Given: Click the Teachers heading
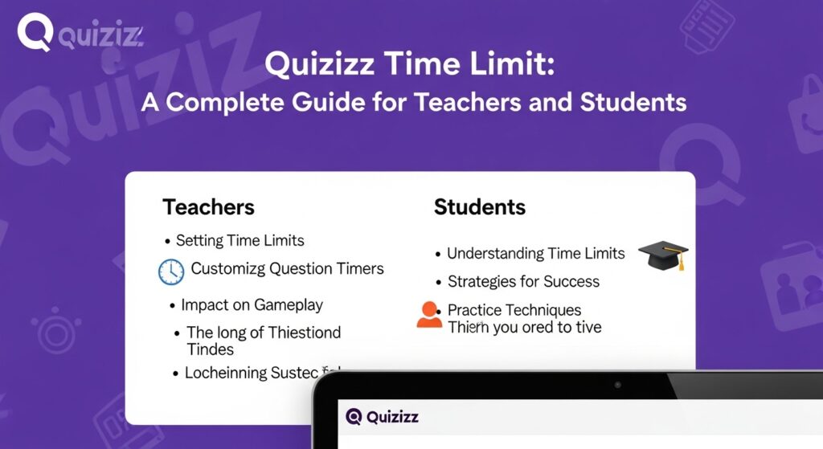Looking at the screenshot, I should [x=208, y=207].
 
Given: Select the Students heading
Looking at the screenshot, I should [x=479, y=207].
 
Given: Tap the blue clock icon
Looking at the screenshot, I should [x=171, y=271].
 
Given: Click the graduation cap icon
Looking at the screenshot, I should [x=663, y=256].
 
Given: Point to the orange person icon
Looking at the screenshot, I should [x=429, y=315].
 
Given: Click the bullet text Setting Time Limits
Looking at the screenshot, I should [x=240, y=240].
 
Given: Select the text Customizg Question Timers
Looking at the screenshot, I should [x=287, y=269].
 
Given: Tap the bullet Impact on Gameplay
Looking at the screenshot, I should [x=252, y=305].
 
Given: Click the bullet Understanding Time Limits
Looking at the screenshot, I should [x=535, y=253].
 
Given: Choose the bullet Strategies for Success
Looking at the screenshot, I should [x=523, y=282].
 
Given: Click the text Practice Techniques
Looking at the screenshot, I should [x=514, y=310].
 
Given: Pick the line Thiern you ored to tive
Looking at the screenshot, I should [x=524, y=327].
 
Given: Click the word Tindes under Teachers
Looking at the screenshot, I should [x=210, y=349].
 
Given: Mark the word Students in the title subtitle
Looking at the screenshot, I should [x=629, y=102].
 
